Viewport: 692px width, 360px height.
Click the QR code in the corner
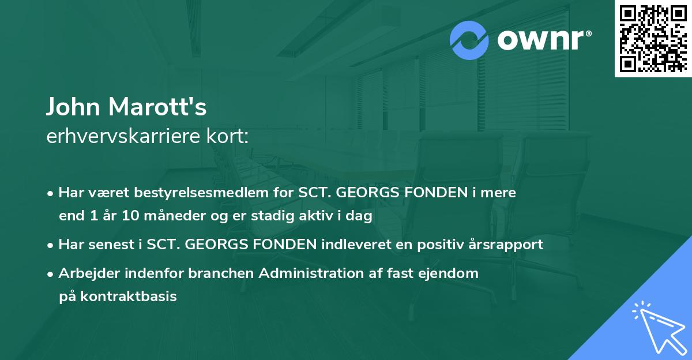coord(653,39)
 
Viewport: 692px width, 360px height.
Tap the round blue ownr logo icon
coord(469,40)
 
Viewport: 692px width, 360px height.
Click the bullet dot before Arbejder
coord(51,274)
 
